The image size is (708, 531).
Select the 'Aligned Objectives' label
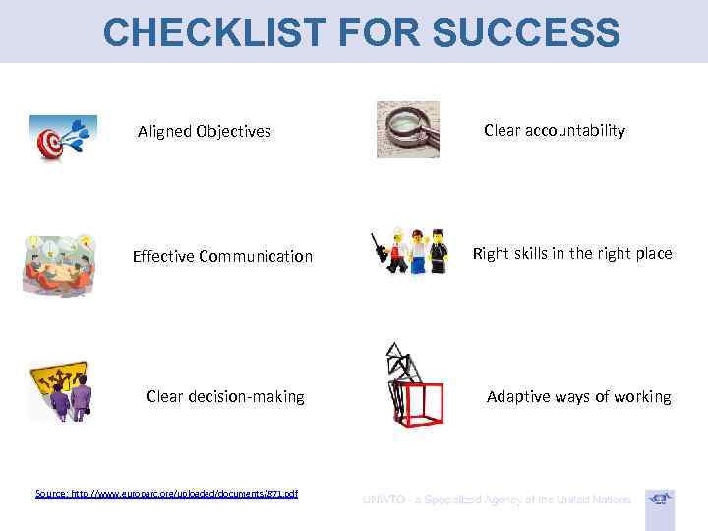(x=204, y=131)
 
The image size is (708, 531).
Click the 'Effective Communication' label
(x=222, y=257)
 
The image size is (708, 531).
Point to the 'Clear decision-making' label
(x=225, y=397)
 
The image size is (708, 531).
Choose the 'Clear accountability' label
(x=554, y=130)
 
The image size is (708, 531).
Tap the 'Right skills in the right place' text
(x=572, y=253)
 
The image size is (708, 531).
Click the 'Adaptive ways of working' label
(x=578, y=397)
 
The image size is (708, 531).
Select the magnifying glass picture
(x=408, y=129)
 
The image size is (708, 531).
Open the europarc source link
(x=166, y=493)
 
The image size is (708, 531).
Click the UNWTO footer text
(x=496, y=500)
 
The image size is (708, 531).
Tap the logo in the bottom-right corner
(x=660, y=500)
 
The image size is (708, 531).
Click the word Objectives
(x=235, y=131)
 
